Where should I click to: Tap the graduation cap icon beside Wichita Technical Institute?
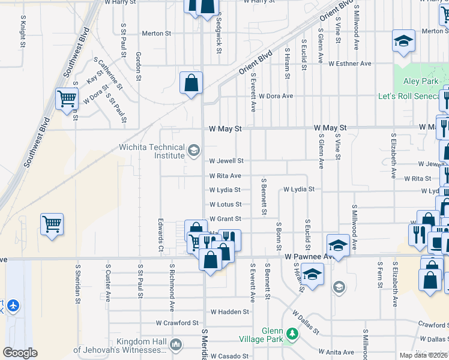(194, 151)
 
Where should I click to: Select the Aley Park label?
(420, 81)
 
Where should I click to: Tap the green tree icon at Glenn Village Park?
(292, 334)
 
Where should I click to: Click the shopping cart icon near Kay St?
(67, 98)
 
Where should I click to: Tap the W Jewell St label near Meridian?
(226, 161)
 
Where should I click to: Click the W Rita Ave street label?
(225, 176)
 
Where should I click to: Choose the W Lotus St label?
(225, 205)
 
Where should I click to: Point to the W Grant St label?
(225, 219)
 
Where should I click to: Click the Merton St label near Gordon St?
(156, 33)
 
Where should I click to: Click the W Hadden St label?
(229, 312)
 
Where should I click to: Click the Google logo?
(20, 353)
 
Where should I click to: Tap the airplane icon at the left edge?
(12, 306)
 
